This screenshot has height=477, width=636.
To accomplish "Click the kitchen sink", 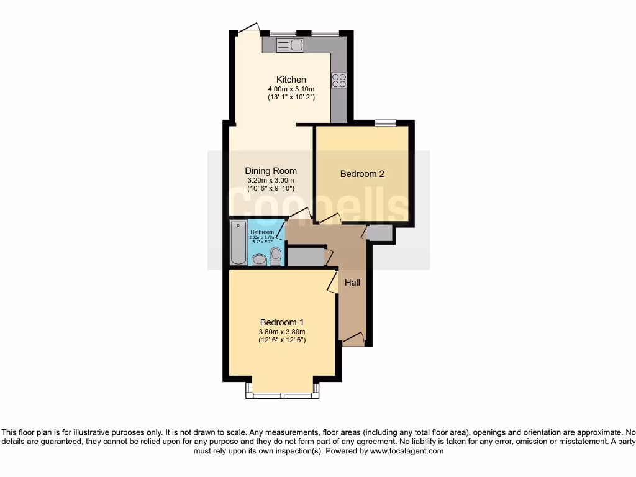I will pyautogui.click(x=289, y=45).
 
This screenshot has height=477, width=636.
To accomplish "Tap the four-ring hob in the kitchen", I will pyautogui.click(x=339, y=80).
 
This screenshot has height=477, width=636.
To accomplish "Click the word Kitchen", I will pyautogui.click(x=291, y=79).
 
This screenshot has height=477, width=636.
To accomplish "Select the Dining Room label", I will pyautogui.click(x=271, y=171).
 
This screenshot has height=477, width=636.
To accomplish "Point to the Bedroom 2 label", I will pyautogui.click(x=362, y=174).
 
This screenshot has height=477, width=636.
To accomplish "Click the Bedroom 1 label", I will pyautogui.click(x=282, y=322).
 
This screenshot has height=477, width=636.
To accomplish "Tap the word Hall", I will pyautogui.click(x=353, y=283).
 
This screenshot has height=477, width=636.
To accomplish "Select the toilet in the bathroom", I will pyautogui.click(x=276, y=256).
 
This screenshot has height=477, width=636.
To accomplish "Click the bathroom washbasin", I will pyautogui.click(x=259, y=259).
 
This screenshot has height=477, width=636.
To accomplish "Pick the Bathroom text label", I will pyautogui.click(x=262, y=232).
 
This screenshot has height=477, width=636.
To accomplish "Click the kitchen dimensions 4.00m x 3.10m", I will pyautogui.click(x=291, y=89).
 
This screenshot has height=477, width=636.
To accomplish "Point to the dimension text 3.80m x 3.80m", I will pyautogui.click(x=282, y=332).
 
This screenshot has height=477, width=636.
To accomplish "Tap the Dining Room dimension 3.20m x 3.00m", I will pyautogui.click(x=271, y=180).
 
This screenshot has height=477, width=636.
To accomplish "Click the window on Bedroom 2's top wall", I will pyautogui.click(x=386, y=123).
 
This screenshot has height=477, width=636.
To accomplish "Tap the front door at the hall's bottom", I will pyautogui.click(x=353, y=340).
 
